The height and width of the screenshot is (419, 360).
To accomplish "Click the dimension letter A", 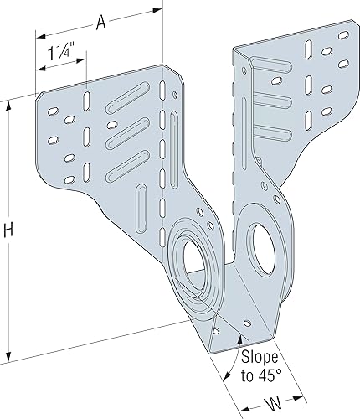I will pyautogui.click(x=100, y=23).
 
